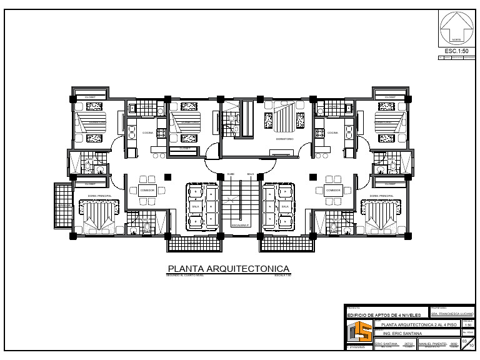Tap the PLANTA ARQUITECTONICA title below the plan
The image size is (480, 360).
click(228, 269)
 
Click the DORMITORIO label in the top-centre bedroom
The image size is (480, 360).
click(284, 139)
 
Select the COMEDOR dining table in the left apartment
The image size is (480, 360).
click(147, 190)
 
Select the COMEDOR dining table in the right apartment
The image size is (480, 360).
click(332, 190)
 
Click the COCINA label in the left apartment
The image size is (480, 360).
click(147, 133)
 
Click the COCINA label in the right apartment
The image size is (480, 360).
click(332, 133)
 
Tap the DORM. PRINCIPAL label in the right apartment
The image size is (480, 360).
click(381, 196)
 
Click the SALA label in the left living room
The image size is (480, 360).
click(195, 206)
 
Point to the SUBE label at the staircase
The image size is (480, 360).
click(231, 174)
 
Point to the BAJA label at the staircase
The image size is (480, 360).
click(250, 174)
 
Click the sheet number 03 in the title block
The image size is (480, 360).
click(464, 341)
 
